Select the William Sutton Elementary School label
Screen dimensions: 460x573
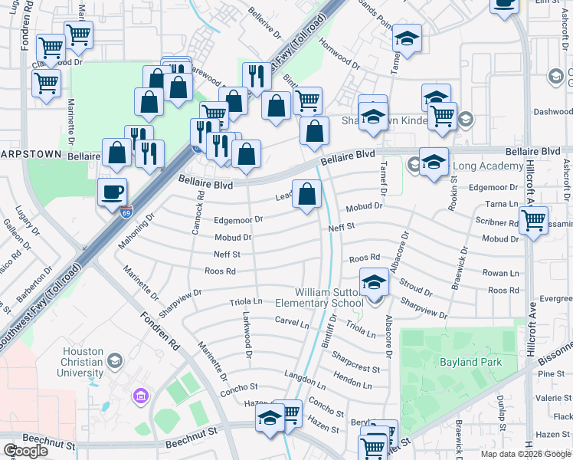[329, 297]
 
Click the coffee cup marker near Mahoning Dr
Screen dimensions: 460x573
[113, 192]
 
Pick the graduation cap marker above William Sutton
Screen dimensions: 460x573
[374, 284]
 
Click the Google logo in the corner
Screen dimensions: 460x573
[26, 451]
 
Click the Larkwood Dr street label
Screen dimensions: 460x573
[247, 334]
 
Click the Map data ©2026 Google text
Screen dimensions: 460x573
[526, 454]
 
